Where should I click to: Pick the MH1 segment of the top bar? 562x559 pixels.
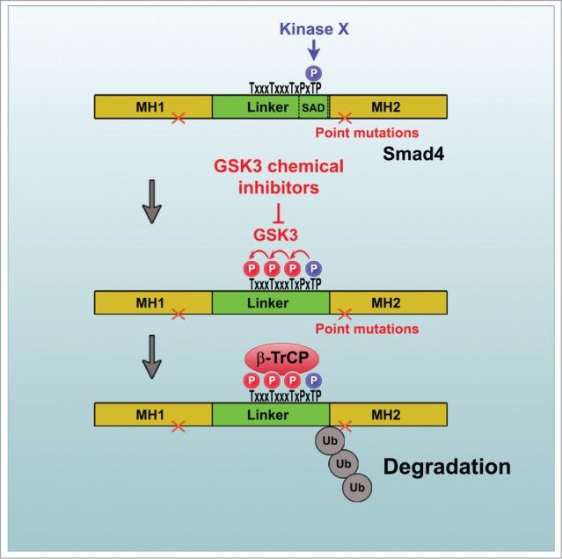point(153,107)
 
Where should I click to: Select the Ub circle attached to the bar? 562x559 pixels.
point(314,438)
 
